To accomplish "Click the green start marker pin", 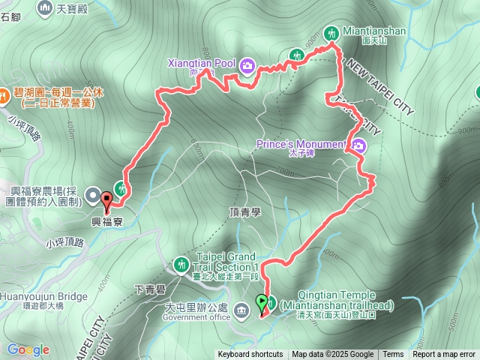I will (261, 304).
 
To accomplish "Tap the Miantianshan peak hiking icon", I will (331, 32).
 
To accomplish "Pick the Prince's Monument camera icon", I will (358, 145).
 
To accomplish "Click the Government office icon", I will (241, 309).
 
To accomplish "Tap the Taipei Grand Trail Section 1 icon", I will (181, 265).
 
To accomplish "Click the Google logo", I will (28, 349).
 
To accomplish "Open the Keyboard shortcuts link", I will (250, 355).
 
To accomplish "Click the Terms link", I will (393, 355).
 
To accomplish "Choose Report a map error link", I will (444, 355).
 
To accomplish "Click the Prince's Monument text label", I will (300, 143).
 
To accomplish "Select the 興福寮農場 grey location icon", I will (92, 196).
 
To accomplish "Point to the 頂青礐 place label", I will (244, 212).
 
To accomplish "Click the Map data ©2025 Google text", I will (332, 355).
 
